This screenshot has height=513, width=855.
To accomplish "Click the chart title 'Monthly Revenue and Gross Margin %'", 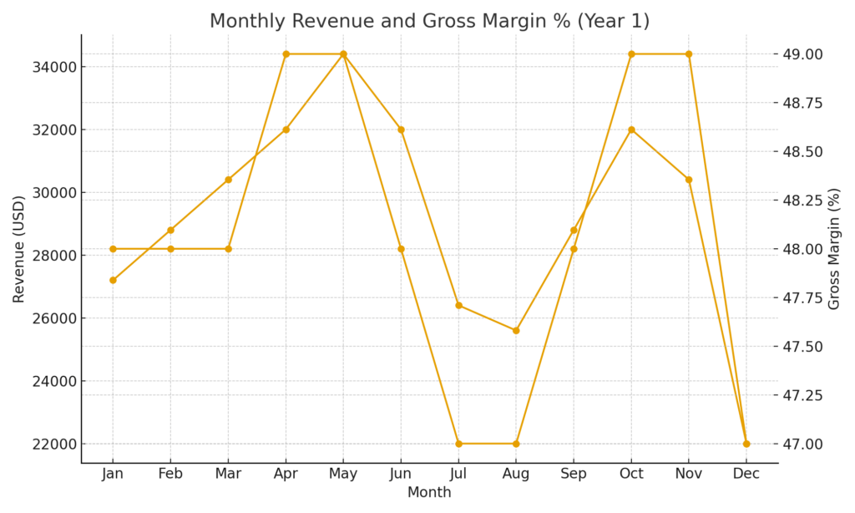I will (x=429, y=21).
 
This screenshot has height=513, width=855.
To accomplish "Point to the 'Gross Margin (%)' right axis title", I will (x=833, y=249).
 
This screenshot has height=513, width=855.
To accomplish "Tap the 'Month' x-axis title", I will (x=429, y=493).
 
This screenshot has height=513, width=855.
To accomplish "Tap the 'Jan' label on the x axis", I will (x=113, y=474).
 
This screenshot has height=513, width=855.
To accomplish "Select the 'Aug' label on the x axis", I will (x=516, y=474).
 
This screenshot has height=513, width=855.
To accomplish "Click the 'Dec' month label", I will (x=746, y=474).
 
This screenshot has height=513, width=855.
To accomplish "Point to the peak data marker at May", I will (x=343, y=54).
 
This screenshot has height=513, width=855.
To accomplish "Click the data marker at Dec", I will (x=746, y=444).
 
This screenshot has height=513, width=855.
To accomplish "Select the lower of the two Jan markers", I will (x=113, y=280).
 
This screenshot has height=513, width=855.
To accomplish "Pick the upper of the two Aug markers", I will (x=516, y=330).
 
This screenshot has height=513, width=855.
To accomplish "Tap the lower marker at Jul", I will (x=458, y=444).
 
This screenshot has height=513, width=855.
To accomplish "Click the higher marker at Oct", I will (x=631, y=54).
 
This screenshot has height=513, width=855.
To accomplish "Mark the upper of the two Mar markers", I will (x=228, y=180).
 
